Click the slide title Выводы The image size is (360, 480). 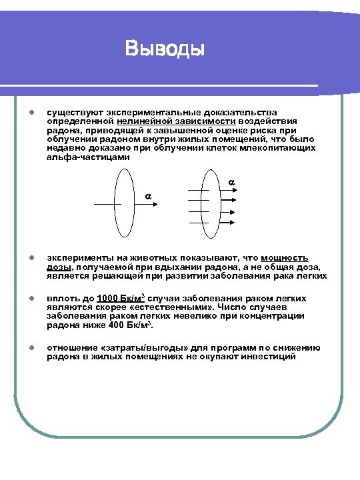pyautogui.click(x=164, y=49)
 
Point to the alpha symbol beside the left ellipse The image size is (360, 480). pyautogui.click(x=148, y=196)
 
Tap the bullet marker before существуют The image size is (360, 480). pyautogui.click(x=23, y=113)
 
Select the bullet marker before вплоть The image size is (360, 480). pyautogui.click(x=23, y=298)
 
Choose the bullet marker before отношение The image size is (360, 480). pyautogui.click(x=23, y=347)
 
